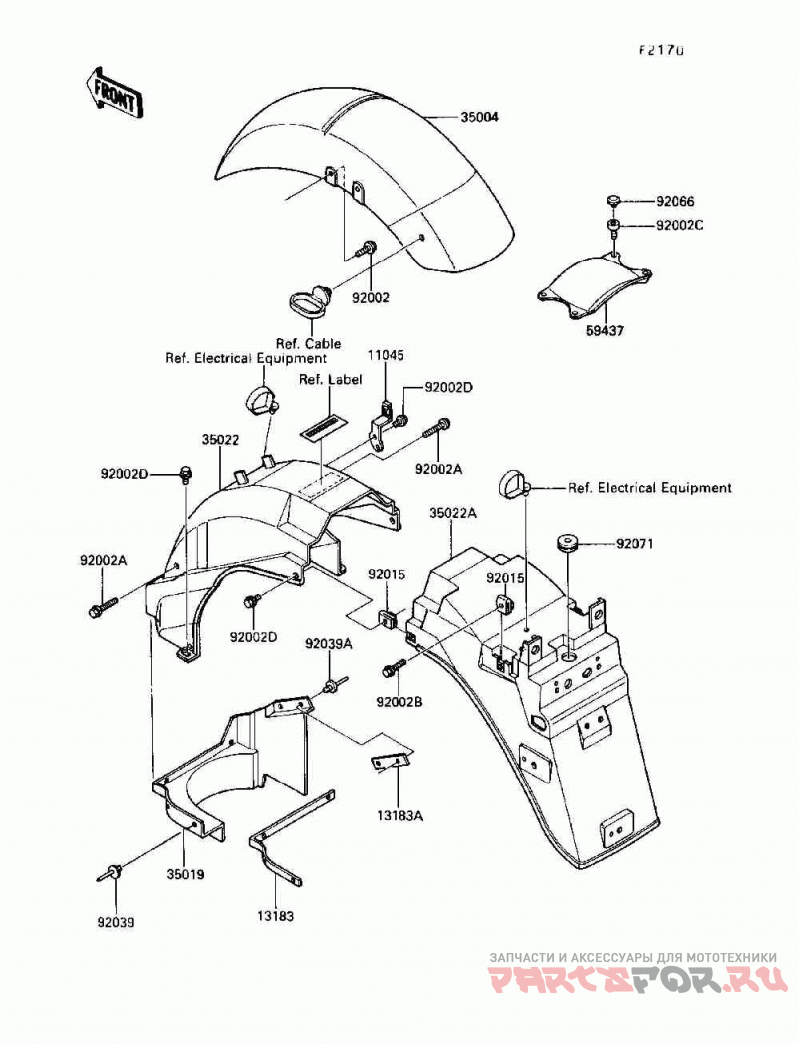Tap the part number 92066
[675, 201]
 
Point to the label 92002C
[680, 225]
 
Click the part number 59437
[604, 330]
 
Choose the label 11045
[385, 356]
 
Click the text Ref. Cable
[309, 343]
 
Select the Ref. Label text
[331, 379]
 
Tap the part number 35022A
[453, 513]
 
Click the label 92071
[635, 544]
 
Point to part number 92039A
[329, 644]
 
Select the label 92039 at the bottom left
[115, 923]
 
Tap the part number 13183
[275, 916]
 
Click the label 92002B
[399, 702]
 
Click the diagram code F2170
[662, 50]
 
